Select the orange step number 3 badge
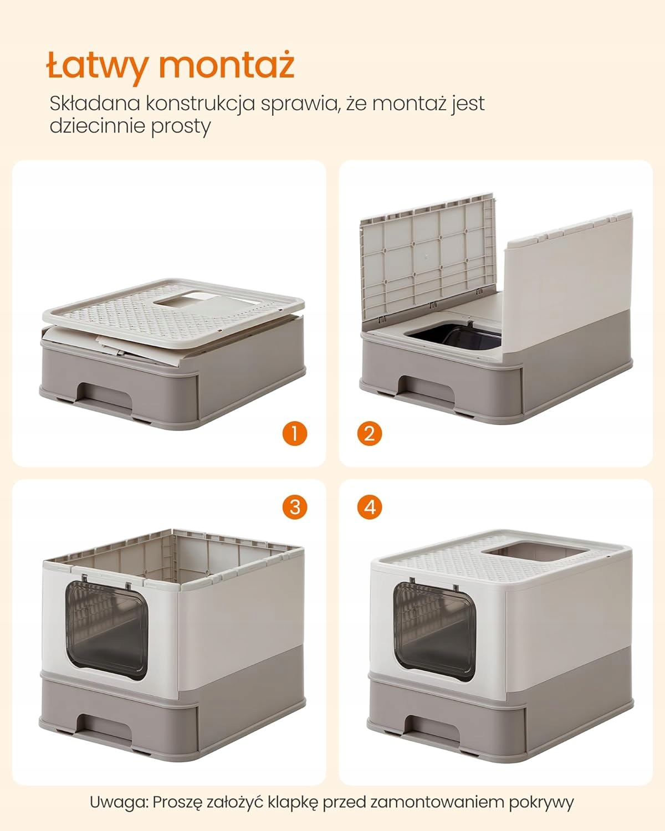(x=294, y=506)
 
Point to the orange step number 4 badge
(x=370, y=506)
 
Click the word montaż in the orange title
(x=227, y=64)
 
